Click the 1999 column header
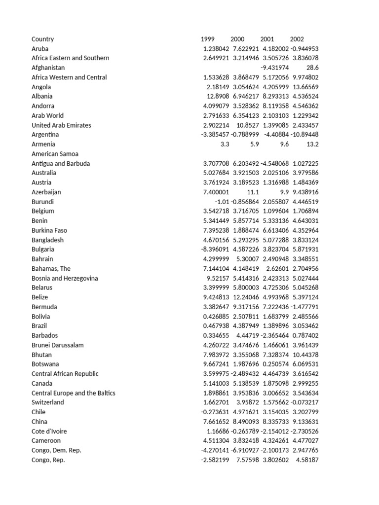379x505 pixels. (x=208, y=39)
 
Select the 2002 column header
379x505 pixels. (x=297, y=39)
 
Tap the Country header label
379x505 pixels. (x=43, y=39)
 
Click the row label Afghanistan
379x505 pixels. (x=48, y=68)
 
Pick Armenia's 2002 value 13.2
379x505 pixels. (x=313, y=144)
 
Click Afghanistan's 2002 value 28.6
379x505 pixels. (x=313, y=68)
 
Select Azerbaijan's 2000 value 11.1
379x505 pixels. (x=253, y=192)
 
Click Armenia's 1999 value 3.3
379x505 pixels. (x=225, y=144)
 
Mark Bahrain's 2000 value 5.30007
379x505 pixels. (x=247, y=259)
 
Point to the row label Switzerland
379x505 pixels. (x=48, y=402)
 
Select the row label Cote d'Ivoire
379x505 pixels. (x=49, y=431)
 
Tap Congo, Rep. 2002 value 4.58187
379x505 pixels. (x=307, y=460)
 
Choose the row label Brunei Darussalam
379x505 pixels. (x=58, y=345)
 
